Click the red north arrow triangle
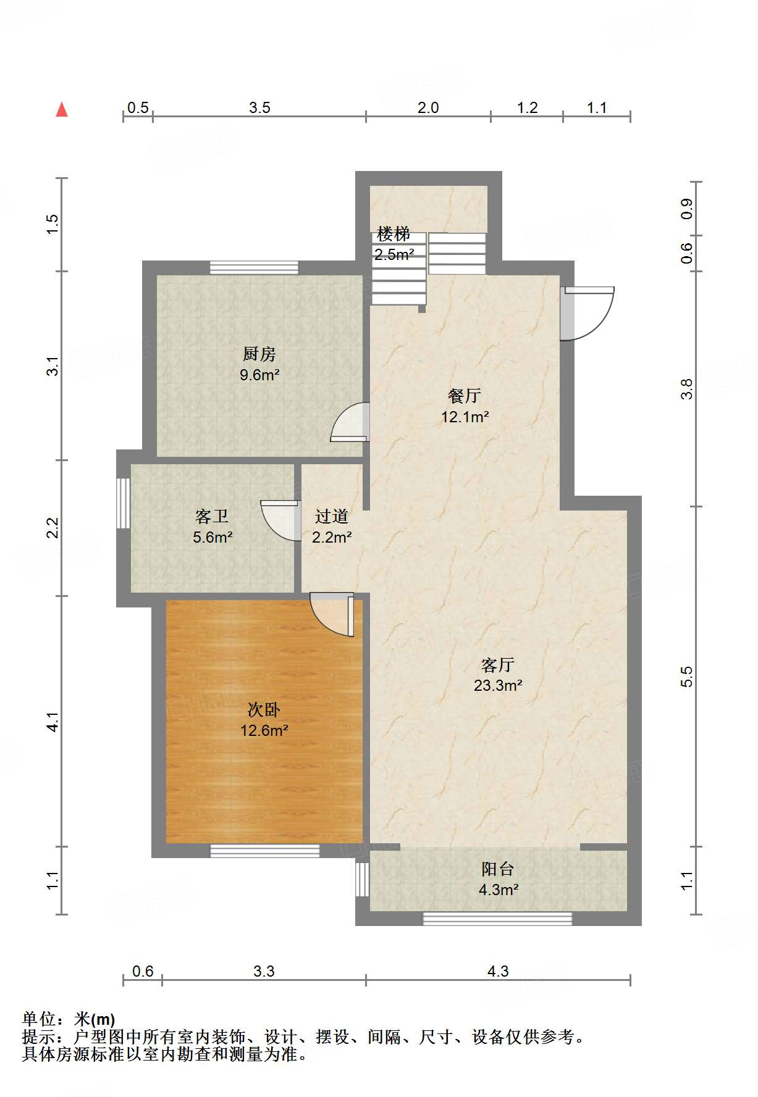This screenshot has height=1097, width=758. click(62, 111)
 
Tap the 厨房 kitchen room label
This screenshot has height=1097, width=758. click(259, 354)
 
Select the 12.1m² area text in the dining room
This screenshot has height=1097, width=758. click(465, 417)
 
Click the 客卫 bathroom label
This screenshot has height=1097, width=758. click(212, 517)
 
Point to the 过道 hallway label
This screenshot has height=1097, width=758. click(332, 517)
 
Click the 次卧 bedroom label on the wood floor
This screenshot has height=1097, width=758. click(264, 710)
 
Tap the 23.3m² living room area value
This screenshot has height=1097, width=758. click(498, 686)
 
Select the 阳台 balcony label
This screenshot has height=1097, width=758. click(498, 869)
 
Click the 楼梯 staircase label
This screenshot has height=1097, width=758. click(394, 234)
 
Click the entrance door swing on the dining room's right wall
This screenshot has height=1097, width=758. click(590, 314)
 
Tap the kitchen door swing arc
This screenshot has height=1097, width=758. click(351, 422)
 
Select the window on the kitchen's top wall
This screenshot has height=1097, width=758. click(254, 268)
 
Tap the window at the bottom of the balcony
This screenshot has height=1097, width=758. click(497, 919)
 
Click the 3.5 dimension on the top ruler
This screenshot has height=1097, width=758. click(259, 108)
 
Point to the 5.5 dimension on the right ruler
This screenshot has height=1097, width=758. click(687, 677)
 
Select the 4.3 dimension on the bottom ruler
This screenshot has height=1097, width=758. click(498, 972)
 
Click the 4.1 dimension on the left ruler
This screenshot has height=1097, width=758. click(53, 722)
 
